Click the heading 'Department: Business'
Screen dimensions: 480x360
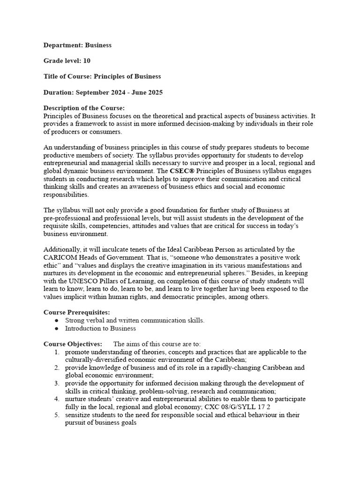[x=77, y=45]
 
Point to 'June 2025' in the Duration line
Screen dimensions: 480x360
[x=146, y=92]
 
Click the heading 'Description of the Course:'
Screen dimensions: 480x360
[x=84, y=108]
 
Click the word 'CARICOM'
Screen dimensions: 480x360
[x=61, y=257]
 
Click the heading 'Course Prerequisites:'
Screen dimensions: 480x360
[x=77, y=312]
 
